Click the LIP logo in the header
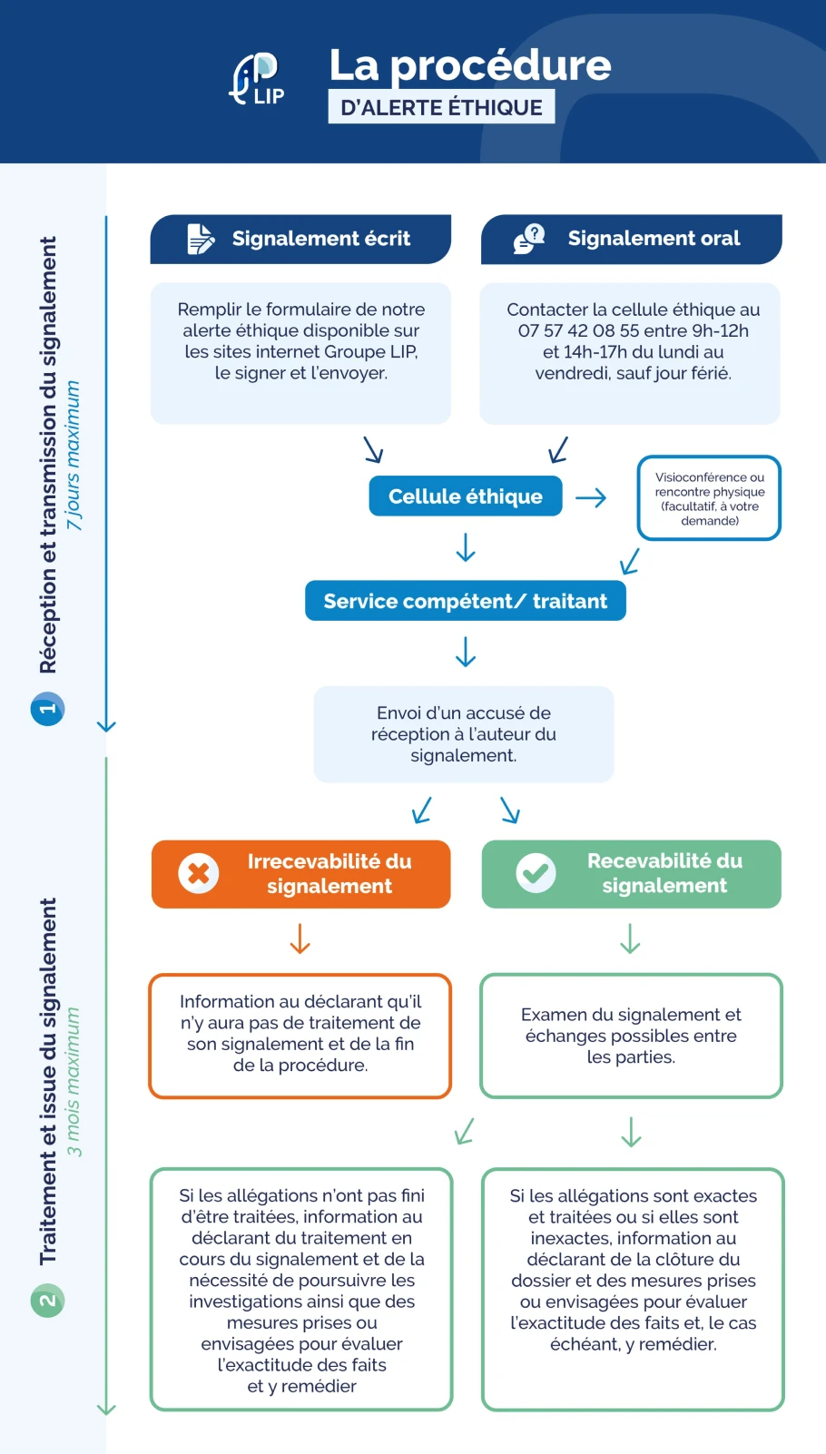click(257, 79)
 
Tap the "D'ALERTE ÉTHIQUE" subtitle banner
click(441, 107)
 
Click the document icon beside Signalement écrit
click(201, 239)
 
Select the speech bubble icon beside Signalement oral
click(529, 239)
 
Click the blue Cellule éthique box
click(465, 496)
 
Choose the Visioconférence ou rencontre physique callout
click(709, 498)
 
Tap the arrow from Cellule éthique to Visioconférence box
click(591, 497)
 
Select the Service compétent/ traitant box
click(465, 601)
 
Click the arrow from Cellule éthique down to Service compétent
click(466, 548)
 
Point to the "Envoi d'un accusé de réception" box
click(463, 734)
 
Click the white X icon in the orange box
click(199, 873)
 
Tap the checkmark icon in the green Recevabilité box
click(536, 873)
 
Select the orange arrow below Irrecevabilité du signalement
click(300, 938)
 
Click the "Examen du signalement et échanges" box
click(631, 1036)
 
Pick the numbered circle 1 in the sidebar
click(47, 709)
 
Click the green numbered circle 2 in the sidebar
click(47, 1301)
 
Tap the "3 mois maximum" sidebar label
click(74, 1081)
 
